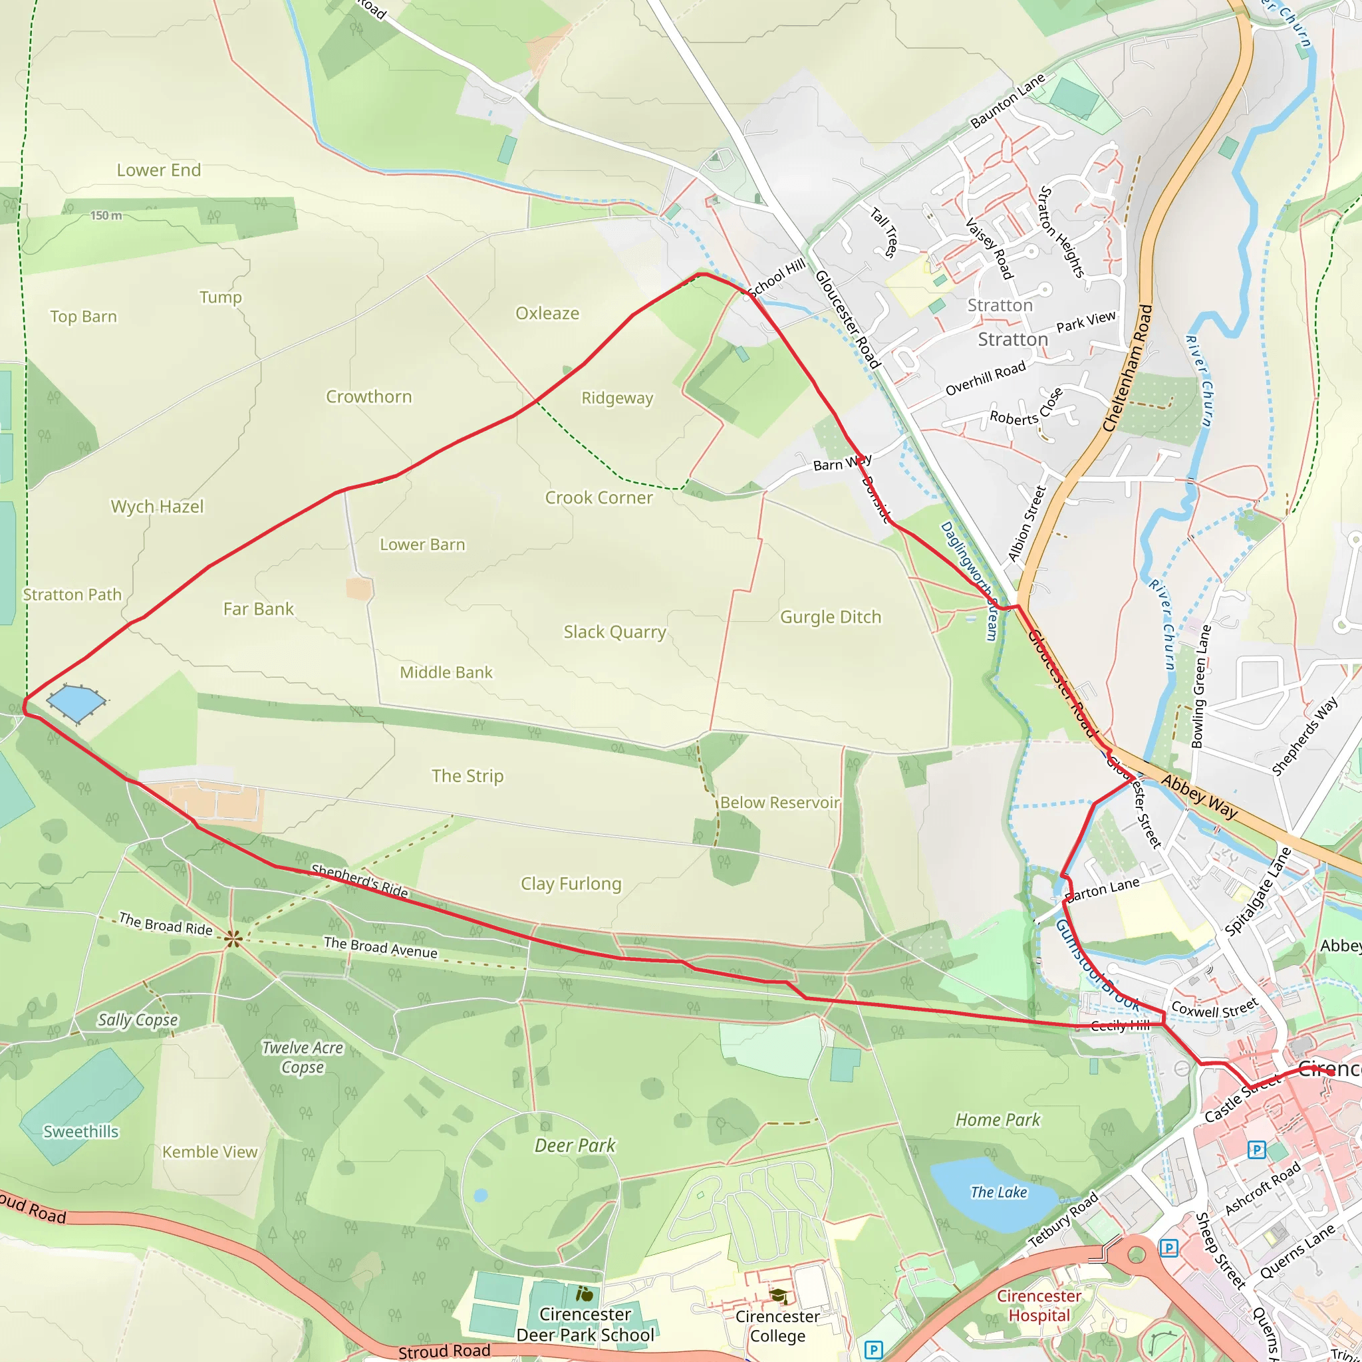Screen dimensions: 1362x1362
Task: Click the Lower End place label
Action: [159, 170]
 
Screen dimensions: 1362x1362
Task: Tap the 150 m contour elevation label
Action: [106, 215]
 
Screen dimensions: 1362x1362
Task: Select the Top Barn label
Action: [83, 317]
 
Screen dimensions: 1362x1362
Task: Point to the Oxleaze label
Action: [547, 313]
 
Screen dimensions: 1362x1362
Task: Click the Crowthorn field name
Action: [368, 396]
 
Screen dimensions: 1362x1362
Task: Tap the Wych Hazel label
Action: [157, 506]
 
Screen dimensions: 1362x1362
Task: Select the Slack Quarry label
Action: [614, 632]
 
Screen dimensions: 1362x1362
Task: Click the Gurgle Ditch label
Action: [831, 617]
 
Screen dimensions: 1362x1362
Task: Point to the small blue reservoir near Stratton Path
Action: [76, 702]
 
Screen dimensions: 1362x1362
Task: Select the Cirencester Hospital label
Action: [1038, 1305]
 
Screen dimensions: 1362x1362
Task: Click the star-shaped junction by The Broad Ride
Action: [233, 938]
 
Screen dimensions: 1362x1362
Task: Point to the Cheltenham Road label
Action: [1127, 368]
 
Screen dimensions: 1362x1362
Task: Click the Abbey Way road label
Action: [1198, 797]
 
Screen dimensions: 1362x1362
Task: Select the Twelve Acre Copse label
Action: [303, 1057]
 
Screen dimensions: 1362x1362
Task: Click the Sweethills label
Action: [81, 1131]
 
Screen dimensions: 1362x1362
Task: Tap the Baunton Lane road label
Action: [1008, 102]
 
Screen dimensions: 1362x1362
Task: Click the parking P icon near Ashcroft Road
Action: [1256, 1151]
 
